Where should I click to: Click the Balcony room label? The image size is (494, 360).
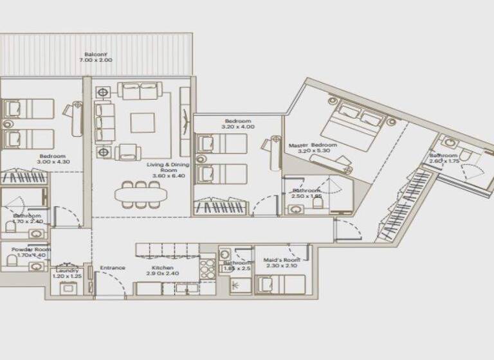[95, 53]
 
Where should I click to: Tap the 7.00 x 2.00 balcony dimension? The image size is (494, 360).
[95, 60]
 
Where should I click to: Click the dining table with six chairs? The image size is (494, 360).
[138, 194]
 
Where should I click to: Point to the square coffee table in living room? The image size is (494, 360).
[142, 122]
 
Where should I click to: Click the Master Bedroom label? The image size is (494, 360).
[313, 145]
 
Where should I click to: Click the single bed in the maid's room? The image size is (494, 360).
[280, 283]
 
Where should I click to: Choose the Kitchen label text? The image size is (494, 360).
[163, 267]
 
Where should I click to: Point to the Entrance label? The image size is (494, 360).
[112, 267]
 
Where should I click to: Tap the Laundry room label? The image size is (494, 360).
[67, 271]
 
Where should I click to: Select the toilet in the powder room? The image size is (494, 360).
[12, 260]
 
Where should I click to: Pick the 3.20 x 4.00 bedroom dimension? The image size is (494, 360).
[237, 127]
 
